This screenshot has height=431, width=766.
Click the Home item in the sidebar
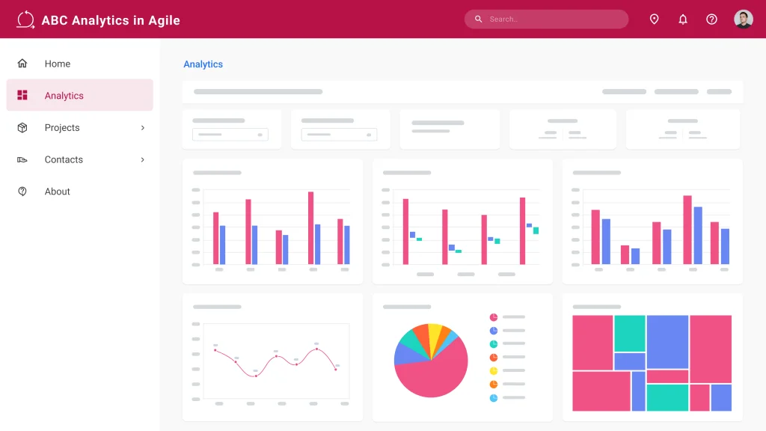[x=58, y=64]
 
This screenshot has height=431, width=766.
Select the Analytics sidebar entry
[x=64, y=96]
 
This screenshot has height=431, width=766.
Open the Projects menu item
[x=62, y=128]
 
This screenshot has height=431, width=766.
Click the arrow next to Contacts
[x=143, y=159]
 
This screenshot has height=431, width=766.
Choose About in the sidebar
[x=58, y=192]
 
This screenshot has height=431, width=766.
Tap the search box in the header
[x=546, y=19]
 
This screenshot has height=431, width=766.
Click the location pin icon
[x=654, y=19]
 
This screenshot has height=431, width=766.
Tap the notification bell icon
[x=683, y=19]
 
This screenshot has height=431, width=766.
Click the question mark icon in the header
[x=711, y=19]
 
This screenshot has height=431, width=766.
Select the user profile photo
[x=743, y=19]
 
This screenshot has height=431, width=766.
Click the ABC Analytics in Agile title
[x=111, y=20]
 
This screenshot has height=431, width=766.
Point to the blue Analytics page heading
[x=203, y=64]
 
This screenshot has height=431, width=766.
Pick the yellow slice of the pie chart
[x=434, y=332]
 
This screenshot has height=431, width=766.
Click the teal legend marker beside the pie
[x=494, y=343]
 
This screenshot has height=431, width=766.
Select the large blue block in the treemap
[x=667, y=341]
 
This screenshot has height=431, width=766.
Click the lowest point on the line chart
[x=256, y=376]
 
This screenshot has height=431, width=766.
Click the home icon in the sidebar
[x=22, y=64]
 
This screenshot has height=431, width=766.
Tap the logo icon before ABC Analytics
[x=25, y=19]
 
